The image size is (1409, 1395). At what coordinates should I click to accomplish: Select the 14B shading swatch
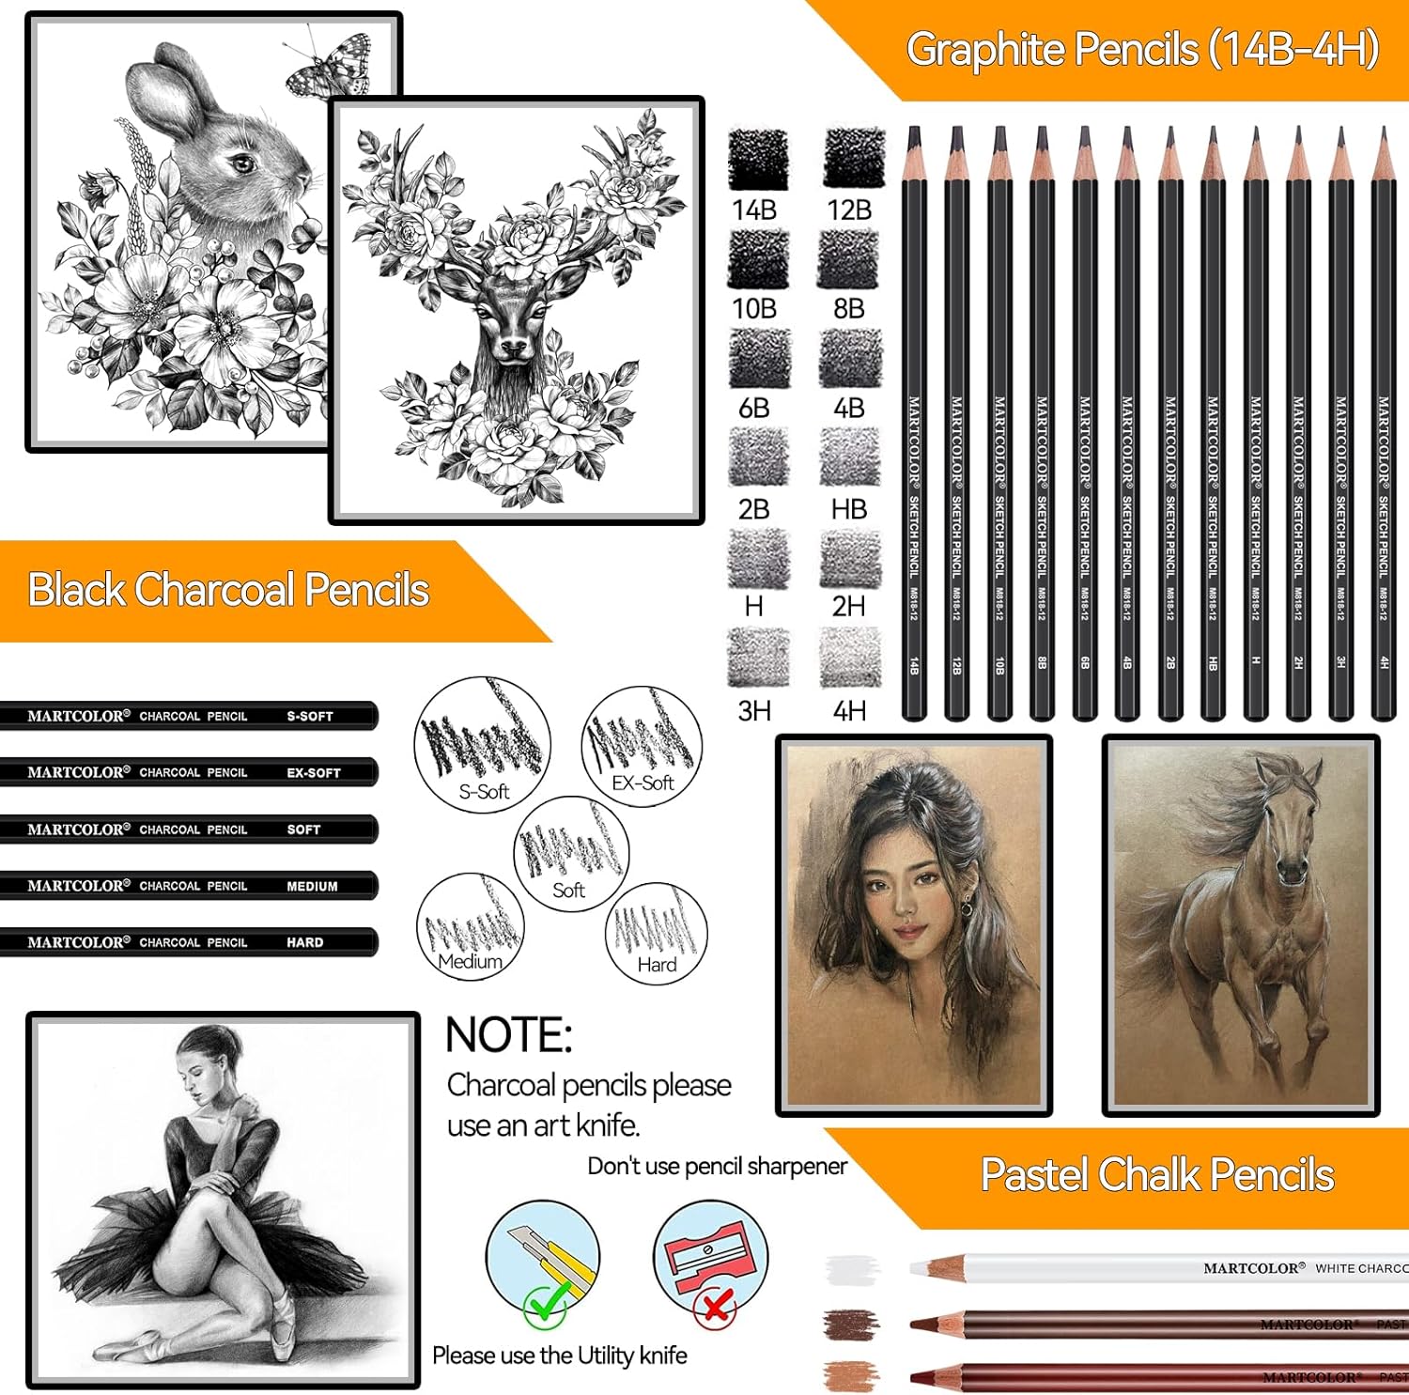click(758, 159)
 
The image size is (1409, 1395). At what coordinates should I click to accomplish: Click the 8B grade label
click(848, 308)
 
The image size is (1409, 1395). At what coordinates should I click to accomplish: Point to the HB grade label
click(848, 509)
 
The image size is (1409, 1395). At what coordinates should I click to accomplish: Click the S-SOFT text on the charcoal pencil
click(310, 717)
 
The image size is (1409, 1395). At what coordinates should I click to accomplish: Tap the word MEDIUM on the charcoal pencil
click(312, 887)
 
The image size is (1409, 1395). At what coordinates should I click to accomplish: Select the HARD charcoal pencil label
click(305, 943)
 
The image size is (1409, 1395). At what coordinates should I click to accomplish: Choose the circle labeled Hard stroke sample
click(657, 933)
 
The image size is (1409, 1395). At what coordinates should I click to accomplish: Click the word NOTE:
click(508, 1035)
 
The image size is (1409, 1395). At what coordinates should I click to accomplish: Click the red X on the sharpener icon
click(716, 1306)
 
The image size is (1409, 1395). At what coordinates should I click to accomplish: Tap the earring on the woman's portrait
click(966, 909)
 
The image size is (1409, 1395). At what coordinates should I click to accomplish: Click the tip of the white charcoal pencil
click(915, 1269)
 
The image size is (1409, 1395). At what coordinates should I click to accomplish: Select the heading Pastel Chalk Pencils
click(1157, 1174)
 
